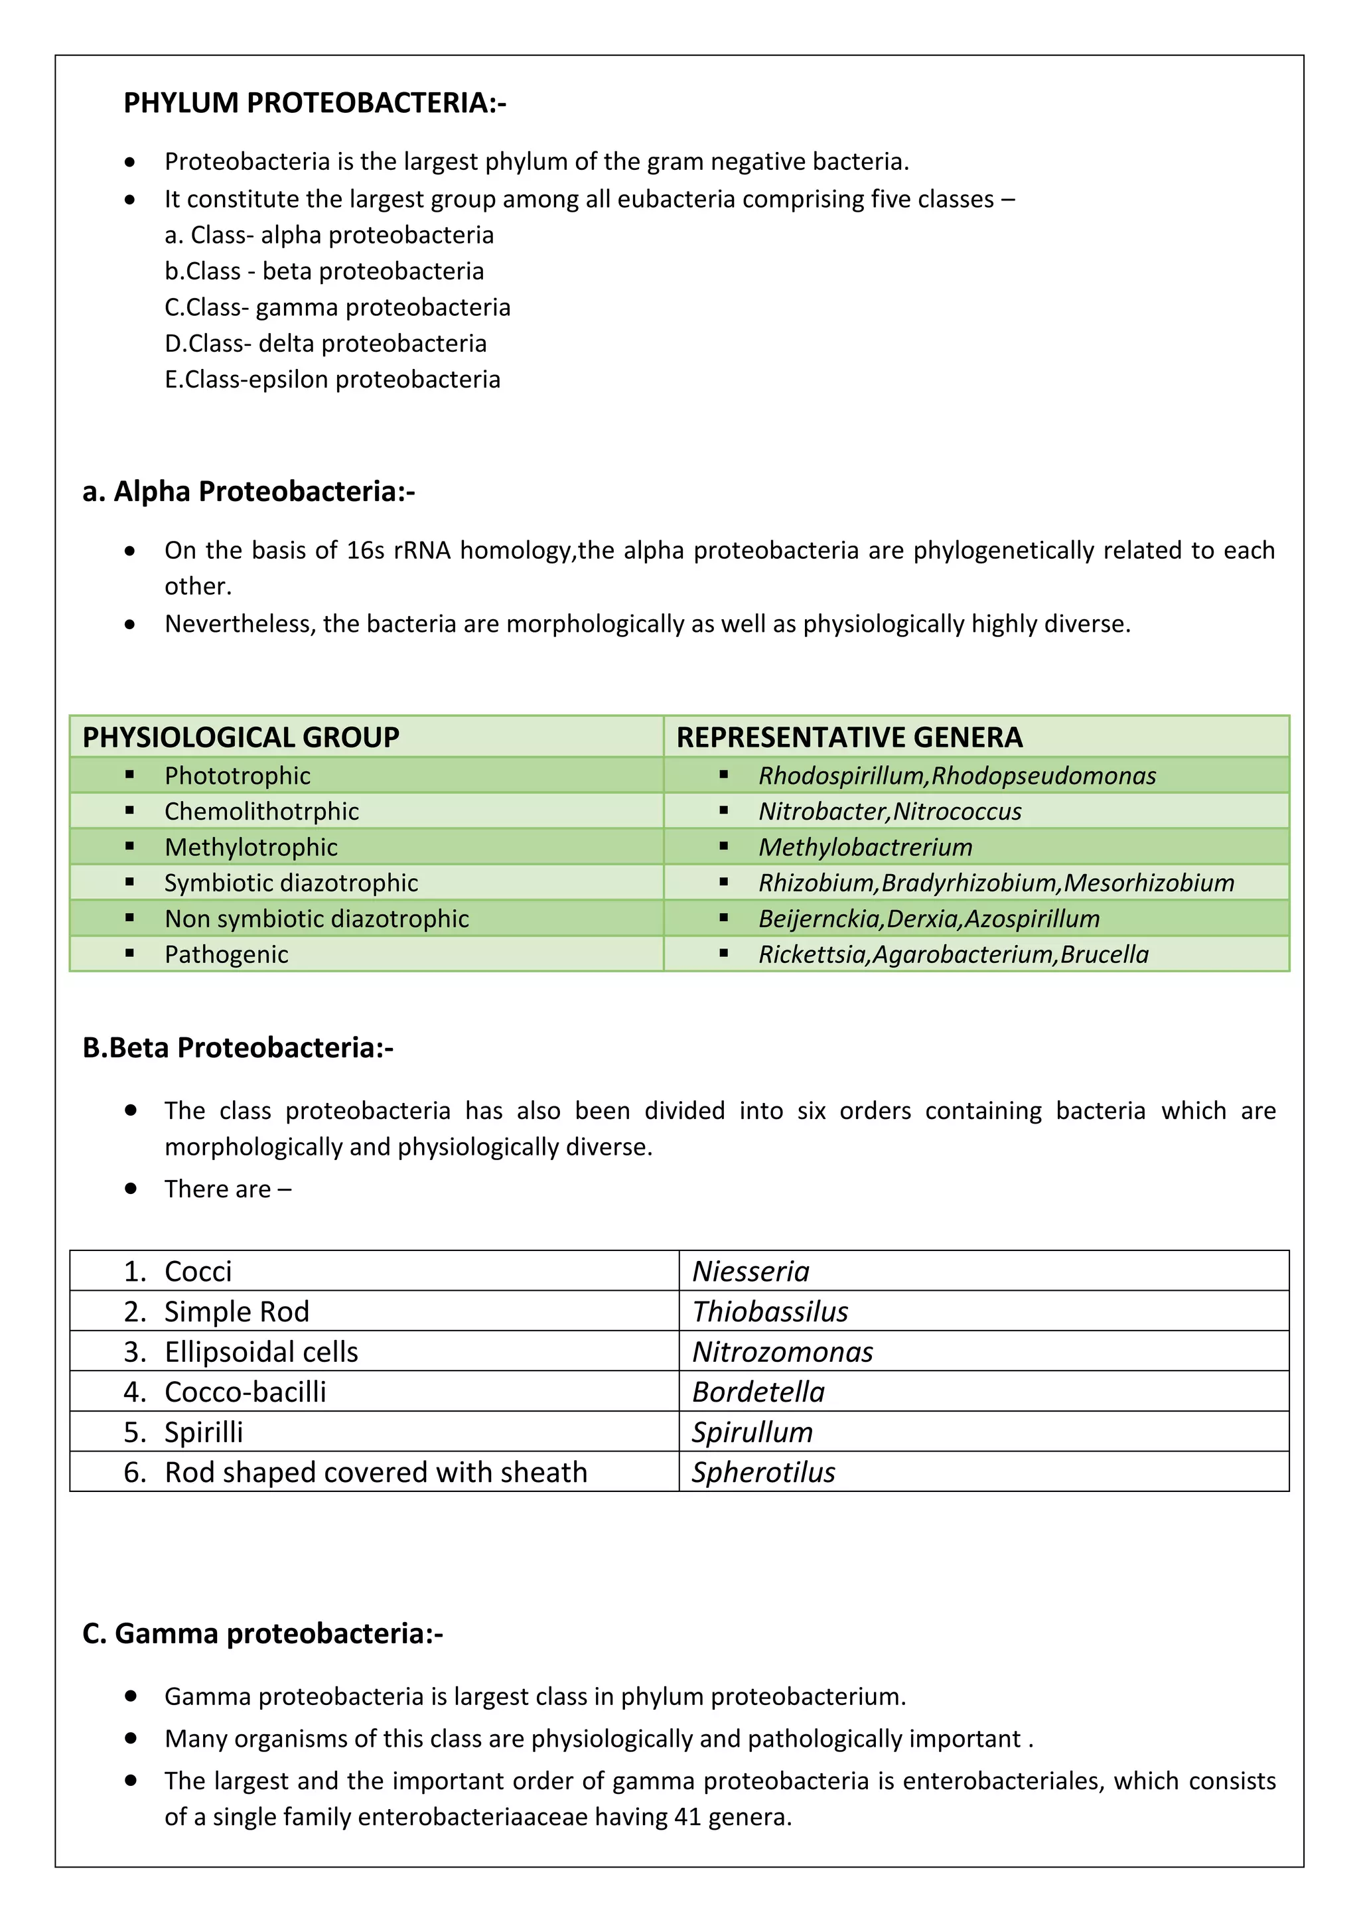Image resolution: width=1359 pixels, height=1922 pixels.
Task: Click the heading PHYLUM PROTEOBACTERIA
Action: [x=314, y=103]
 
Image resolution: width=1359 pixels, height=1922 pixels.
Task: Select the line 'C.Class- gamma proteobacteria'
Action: [x=337, y=307]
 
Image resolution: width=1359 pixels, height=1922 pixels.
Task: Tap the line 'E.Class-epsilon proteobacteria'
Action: [x=332, y=379]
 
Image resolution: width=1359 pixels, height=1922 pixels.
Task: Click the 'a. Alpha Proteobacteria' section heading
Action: [x=249, y=491]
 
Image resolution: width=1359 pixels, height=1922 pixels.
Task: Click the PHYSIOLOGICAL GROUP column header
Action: [x=241, y=737]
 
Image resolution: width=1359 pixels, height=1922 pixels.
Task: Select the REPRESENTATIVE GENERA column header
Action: [x=849, y=737]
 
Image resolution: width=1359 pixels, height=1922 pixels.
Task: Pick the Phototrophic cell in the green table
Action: [x=237, y=776]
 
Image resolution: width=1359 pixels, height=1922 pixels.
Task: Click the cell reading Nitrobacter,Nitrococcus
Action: [x=890, y=811]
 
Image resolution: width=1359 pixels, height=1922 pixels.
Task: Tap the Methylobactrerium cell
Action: [x=865, y=847]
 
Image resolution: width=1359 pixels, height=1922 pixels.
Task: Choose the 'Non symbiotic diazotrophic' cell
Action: [x=317, y=919]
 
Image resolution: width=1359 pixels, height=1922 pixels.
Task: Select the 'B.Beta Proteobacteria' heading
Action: [x=238, y=1047]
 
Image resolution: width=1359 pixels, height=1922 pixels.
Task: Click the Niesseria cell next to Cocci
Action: [x=751, y=1271]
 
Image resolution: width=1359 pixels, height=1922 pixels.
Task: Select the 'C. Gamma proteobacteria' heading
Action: [x=263, y=1633]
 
